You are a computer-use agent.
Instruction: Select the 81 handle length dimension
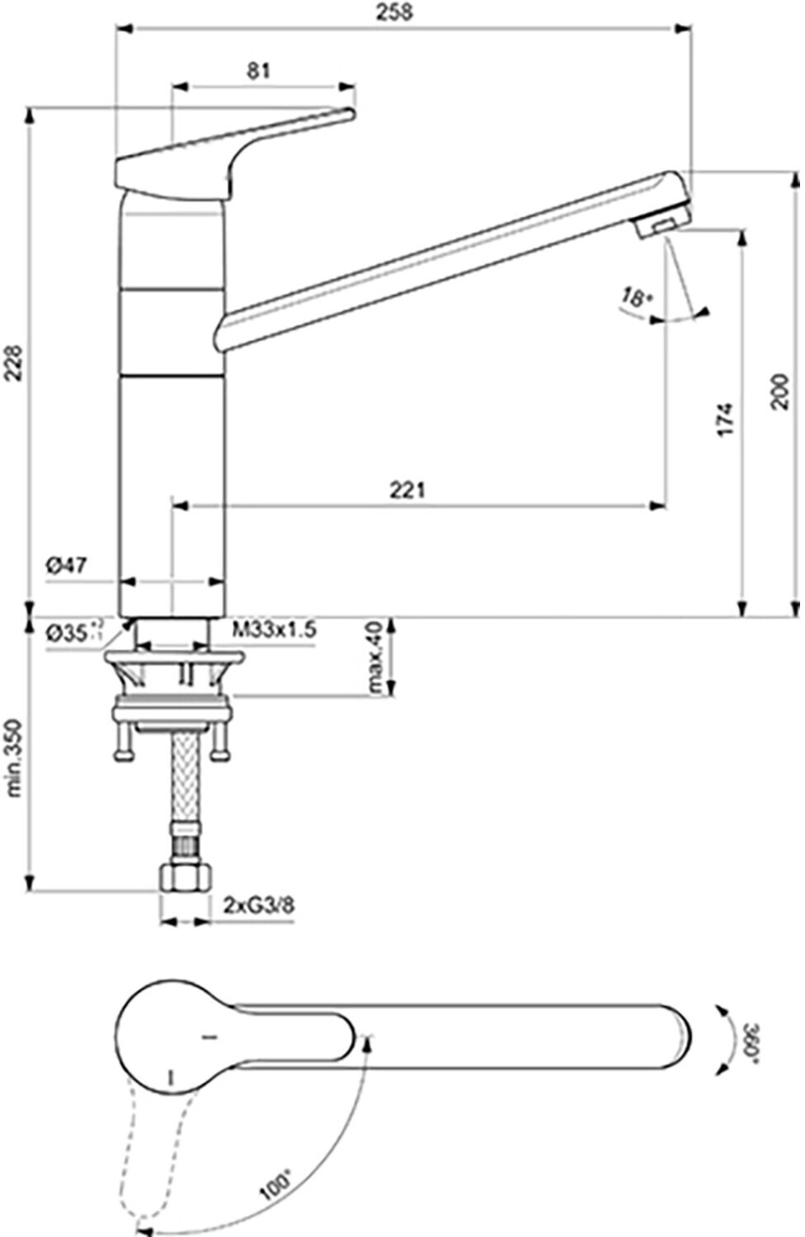click(x=259, y=71)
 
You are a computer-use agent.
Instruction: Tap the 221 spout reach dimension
click(x=407, y=490)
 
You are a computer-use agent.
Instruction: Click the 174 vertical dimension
click(x=723, y=420)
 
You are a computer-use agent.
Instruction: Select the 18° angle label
click(x=633, y=298)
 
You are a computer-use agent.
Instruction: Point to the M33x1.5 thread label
click(x=274, y=631)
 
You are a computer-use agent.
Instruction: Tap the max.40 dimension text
click(x=376, y=658)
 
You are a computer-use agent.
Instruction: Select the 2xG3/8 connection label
click(x=258, y=905)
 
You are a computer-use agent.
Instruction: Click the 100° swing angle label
click(x=275, y=1185)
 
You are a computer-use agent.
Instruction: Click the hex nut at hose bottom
click(x=186, y=877)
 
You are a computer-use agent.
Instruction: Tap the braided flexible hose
click(x=186, y=783)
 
